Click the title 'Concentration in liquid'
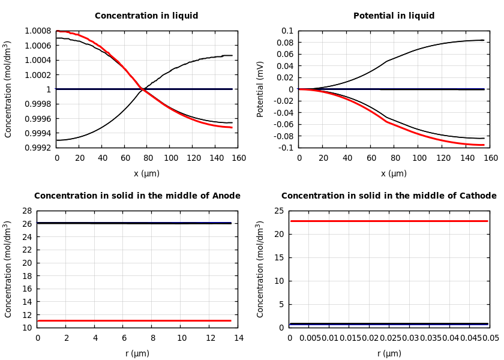pyautogui.click(x=146, y=16)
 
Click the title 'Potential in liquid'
pyautogui.click(x=394, y=16)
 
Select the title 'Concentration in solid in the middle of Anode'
pyautogui.click(x=137, y=196)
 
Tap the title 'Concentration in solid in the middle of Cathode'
pyautogui.click(x=389, y=196)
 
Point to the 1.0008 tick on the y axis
pyautogui.click(x=38, y=31)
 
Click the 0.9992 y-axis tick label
pyautogui.click(x=38, y=148)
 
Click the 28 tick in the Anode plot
pyautogui.click(x=26, y=211)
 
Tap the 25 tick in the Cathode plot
pyautogui.click(x=279, y=211)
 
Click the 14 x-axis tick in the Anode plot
pyautogui.click(x=238, y=338)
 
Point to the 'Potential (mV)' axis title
pyautogui.click(x=260, y=89)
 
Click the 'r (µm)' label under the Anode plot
pyautogui.click(x=137, y=353)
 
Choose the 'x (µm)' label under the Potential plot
pyautogui.click(x=394, y=173)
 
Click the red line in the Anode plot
pyautogui.click(x=132, y=320)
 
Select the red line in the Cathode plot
pyautogui.click(x=389, y=221)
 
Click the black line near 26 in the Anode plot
pyautogui.click(x=132, y=223)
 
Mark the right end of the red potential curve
pyautogui.click(x=484, y=145)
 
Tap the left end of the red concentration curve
pyautogui.click(x=58, y=31)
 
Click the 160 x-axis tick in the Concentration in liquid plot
pyautogui.click(x=238, y=158)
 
